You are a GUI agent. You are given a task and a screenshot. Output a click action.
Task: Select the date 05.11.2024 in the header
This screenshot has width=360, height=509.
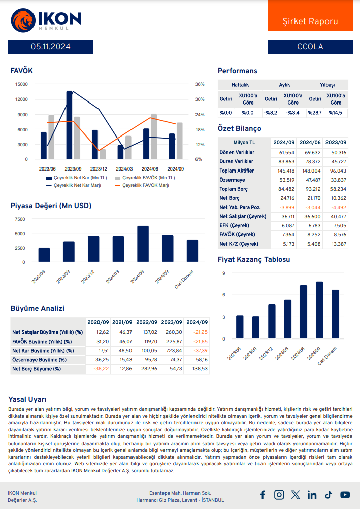(x=50, y=47)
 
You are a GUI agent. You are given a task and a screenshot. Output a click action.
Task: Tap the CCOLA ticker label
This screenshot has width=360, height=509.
(x=310, y=47)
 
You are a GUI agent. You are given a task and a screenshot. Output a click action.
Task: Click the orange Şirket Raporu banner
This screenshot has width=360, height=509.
(x=310, y=21)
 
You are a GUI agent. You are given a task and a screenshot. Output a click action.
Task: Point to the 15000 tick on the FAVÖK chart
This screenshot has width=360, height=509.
(x=21, y=84)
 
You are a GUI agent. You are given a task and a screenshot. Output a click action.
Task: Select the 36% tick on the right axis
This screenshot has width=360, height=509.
(x=200, y=84)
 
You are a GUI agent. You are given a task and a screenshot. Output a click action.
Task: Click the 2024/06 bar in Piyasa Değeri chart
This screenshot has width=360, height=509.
(x=143, y=244)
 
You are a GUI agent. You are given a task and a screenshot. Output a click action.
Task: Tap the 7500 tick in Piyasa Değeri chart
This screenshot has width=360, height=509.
(x=19, y=219)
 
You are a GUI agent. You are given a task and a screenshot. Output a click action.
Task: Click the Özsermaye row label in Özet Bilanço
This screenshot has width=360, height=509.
(x=232, y=180)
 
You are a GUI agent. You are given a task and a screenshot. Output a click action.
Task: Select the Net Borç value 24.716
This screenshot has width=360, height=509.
(x=283, y=198)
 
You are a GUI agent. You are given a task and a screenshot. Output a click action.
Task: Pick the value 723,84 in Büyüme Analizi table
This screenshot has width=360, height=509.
(x=172, y=350)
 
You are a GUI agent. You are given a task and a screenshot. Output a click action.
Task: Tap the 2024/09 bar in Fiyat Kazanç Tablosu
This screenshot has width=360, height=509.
(x=319, y=310)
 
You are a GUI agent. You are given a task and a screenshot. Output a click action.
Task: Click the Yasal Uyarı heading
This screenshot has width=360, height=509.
(x=28, y=399)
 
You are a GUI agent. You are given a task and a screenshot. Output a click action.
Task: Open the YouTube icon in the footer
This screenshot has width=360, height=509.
(x=345, y=495)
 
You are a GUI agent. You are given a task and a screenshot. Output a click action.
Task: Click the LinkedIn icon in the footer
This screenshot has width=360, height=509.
(x=312, y=495)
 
